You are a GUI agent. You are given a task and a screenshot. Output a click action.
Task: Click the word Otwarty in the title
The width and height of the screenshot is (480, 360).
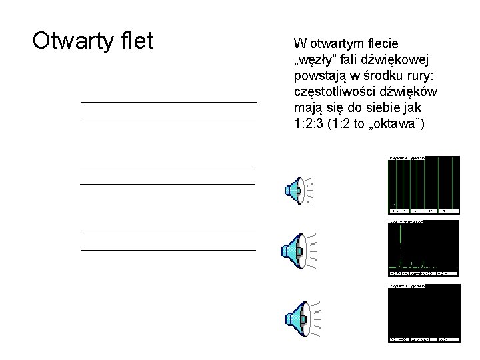click(x=70, y=41)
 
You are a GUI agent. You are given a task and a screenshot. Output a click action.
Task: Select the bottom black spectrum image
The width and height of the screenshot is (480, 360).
click(x=423, y=313)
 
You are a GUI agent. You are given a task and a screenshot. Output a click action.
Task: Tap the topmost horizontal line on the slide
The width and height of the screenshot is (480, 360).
click(x=168, y=102)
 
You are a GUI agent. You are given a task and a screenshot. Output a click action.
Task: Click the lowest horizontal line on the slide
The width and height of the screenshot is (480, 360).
click(x=168, y=250)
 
